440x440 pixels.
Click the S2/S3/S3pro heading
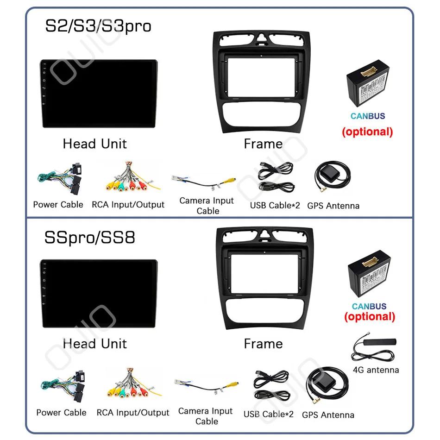(98, 26)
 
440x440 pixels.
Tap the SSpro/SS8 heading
(90, 238)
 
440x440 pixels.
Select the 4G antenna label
(376, 370)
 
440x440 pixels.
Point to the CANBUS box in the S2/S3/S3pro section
(368, 83)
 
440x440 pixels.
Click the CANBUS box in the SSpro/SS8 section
(369, 274)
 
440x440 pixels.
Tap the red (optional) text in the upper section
(367, 132)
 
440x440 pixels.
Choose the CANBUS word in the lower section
(369, 306)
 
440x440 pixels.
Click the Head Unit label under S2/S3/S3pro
(95, 144)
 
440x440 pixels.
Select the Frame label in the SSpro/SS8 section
(263, 344)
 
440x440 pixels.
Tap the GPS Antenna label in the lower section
(328, 415)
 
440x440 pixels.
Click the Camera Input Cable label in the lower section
(205, 416)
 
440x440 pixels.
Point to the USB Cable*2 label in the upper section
(275, 205)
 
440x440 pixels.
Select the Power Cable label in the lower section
(62, 413)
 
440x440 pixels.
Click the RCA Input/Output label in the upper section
(128, 205)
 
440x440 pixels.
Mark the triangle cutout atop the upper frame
(262, 38)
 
